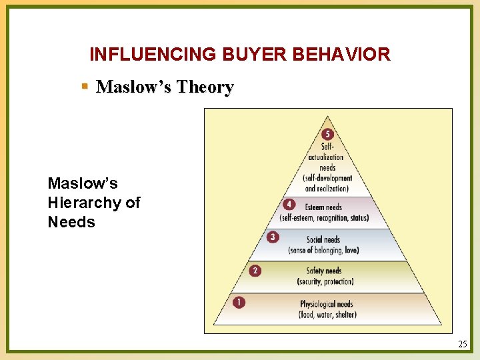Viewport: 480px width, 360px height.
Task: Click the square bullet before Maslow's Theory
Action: (84, 87)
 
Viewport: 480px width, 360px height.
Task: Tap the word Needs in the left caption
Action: (71, 222)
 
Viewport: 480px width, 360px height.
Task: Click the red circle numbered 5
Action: (327, 134)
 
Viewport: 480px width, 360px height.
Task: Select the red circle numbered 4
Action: (289, 205)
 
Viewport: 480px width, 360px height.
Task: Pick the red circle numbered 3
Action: (273, 237)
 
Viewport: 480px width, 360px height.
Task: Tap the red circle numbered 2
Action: (255, 271)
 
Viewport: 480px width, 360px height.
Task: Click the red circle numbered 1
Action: (239, 303)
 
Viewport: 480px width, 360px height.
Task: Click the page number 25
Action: (463, 344)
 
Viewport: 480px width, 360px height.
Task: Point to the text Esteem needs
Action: (323, 207)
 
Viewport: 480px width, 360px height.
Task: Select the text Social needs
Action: (323, 239)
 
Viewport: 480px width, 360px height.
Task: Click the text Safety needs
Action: (324, 271)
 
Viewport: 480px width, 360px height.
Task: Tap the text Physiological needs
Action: (327, 304)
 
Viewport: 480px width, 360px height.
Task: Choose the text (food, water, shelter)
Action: (327, 315)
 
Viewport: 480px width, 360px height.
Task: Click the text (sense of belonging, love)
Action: (323, 250)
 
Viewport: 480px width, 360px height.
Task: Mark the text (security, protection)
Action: (325, 281)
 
